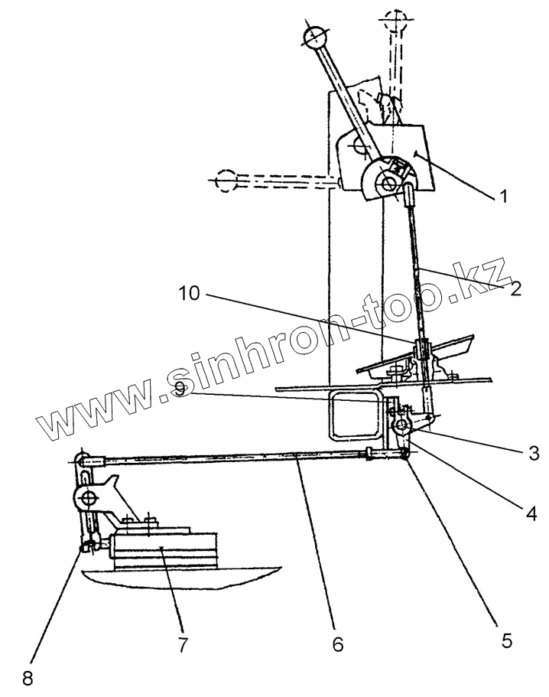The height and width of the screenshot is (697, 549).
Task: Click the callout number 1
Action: click(x=502, y=196)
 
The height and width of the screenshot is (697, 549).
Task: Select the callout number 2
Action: click(x=517, y=288)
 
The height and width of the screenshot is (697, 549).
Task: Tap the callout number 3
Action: click(x=532, y=453)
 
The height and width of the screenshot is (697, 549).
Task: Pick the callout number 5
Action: click(x=505, y=640)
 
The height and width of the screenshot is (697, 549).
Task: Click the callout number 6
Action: click(x=338, y=645)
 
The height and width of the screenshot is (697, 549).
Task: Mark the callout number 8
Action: click(x=28, y=678)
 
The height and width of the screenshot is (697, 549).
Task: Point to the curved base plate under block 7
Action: click(x=184, y=578)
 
